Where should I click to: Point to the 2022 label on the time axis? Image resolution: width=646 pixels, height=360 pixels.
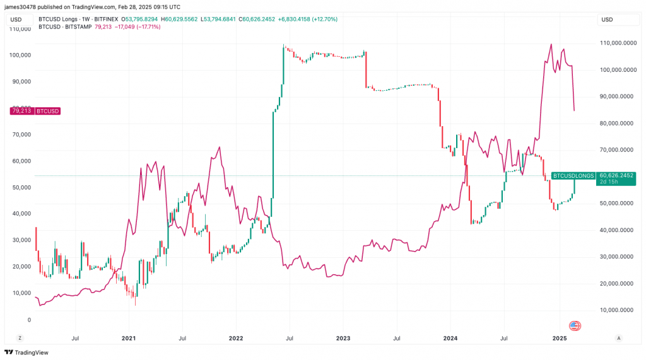click(235, 339)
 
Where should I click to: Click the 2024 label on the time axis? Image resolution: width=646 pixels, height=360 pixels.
click(450, 339)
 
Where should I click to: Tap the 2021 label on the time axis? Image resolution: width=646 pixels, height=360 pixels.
click(128, 339)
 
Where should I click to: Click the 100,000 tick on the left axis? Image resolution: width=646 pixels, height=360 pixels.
click(21, 55)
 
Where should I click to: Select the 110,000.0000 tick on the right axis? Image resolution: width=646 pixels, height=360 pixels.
click(616, 44)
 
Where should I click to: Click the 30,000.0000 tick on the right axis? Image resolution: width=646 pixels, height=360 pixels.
click(616, 257)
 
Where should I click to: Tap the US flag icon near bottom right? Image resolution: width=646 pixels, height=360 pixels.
click(575, 326)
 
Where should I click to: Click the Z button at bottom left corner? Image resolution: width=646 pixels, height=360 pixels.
click(20, 339)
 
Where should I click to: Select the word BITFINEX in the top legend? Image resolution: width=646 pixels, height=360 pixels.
click(105, 20)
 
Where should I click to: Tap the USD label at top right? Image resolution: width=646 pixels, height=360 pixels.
click(607, 20)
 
